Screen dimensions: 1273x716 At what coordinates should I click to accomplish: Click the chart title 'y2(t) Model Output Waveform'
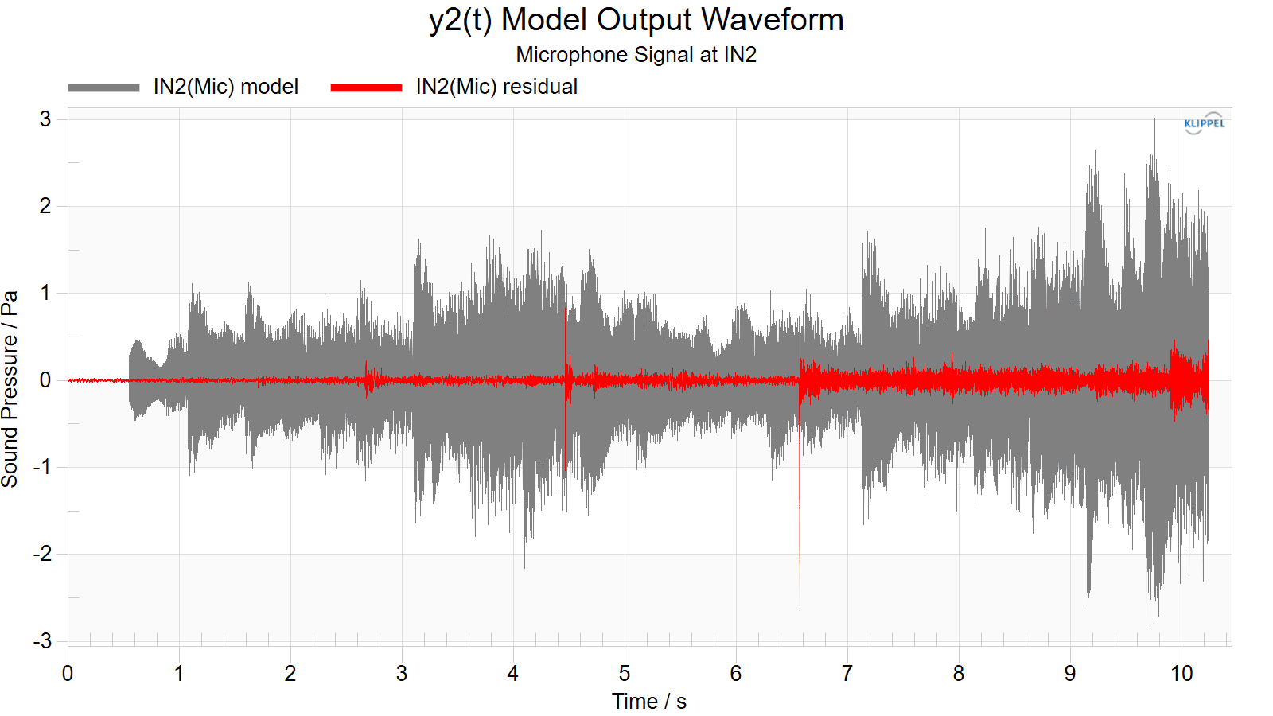coord(636,20)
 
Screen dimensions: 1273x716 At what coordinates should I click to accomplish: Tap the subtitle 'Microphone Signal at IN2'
coord(636,55)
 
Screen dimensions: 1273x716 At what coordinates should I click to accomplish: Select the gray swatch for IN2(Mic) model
coord(103,88)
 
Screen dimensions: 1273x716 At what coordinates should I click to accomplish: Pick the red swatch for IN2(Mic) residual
coord(366,88)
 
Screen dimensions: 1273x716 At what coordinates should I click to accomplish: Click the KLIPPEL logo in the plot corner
coord(1205,123)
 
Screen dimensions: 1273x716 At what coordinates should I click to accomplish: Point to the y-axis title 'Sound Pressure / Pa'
coord(10,389)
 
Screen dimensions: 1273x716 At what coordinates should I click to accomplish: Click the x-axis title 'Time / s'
coord(649,702)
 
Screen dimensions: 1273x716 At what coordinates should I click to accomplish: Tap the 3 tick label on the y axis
coord(45,119)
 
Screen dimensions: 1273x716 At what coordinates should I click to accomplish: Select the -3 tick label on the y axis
coord(42,641)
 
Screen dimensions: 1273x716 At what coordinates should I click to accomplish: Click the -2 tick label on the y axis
coord(42,554)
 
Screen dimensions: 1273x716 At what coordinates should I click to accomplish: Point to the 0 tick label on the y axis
coord(45,380)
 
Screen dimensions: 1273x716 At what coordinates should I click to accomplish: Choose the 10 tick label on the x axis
coord(1182,674)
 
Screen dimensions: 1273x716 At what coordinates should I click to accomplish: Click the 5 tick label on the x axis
coord(625,674)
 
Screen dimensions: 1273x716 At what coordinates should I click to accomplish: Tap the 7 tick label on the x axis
coord(847,674)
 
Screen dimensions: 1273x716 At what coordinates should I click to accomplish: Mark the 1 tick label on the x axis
coord(179,674)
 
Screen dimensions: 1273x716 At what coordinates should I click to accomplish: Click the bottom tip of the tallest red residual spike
coord(800,609)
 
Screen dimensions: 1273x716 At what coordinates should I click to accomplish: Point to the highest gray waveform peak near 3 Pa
coord(1154,119)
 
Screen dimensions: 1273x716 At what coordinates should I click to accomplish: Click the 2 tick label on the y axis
coord(45,206)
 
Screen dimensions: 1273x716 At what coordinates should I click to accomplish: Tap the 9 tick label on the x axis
coord(1070,674)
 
